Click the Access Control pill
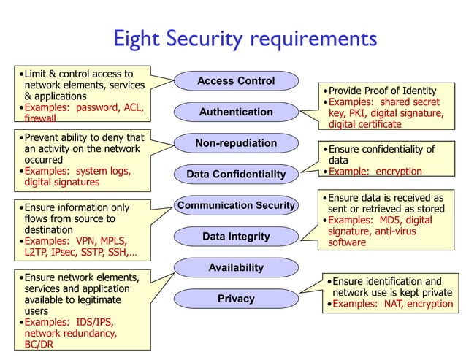pos(236,81)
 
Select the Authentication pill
pos(236,112)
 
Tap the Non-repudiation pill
pos(236,143)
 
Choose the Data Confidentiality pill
pos(236,175)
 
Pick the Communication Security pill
pos(236,205)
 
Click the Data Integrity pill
pos(236,237)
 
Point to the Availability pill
pos(236,267)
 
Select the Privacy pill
pos(236,299)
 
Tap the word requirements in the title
pos(313,38)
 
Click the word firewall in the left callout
pos(45,118)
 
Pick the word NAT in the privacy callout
pos(391,304)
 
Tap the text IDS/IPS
pos(95,321)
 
